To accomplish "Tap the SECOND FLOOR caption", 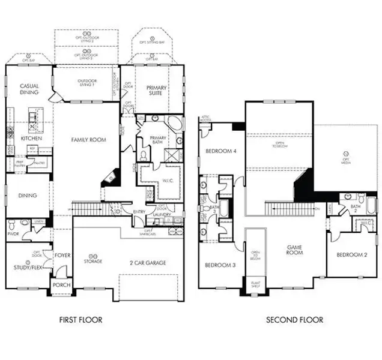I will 294,320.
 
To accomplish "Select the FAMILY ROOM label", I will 89,140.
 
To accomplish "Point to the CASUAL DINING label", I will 29,90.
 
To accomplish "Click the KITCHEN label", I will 31,138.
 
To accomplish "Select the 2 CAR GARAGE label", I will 147,262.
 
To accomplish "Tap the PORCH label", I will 61,285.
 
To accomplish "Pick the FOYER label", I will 62,255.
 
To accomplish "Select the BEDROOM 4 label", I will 219,151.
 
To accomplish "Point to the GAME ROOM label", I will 294,250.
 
